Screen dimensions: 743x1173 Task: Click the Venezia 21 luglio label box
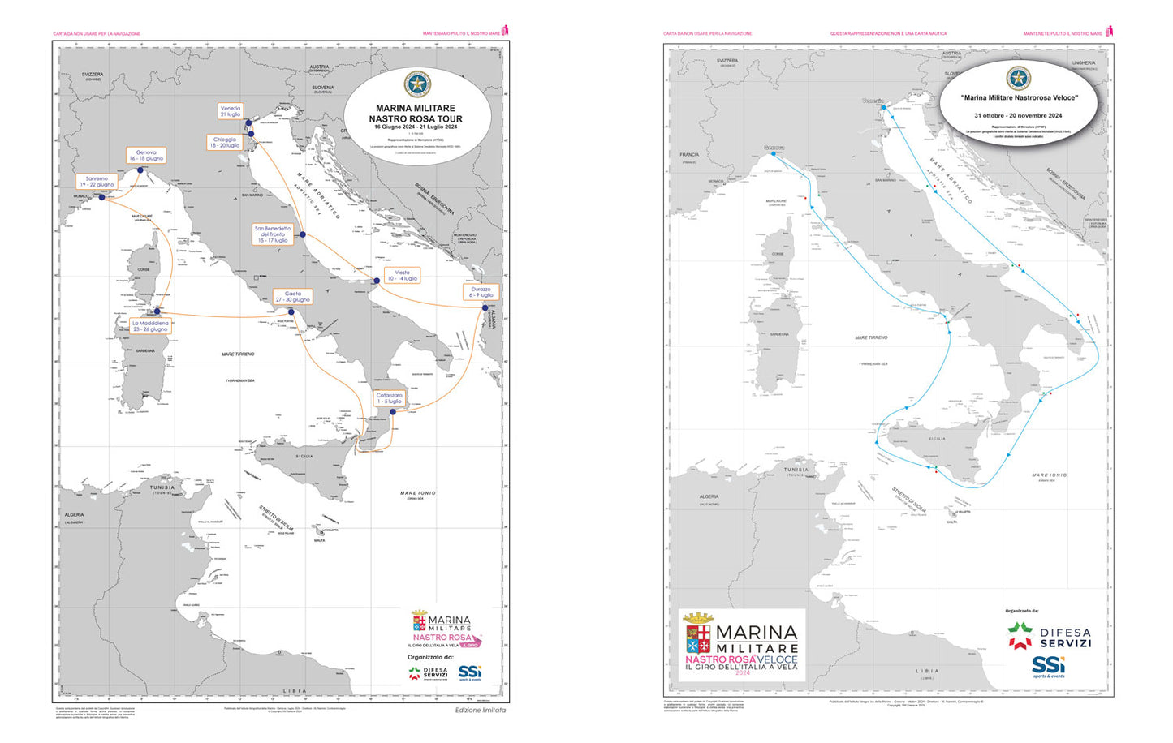(x=231, y=111)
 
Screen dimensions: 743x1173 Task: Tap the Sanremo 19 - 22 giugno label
(x=97, y=182)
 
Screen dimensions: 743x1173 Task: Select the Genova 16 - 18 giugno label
(x=146, y=156)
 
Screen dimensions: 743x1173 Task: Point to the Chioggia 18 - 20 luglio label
(x=225, y=143)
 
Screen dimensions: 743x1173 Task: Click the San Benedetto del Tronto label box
(x=273, y=234)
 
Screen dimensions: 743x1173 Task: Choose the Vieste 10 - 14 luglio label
(x=402, y=275)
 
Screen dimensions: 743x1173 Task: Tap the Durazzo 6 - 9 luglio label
(x=481, y=292)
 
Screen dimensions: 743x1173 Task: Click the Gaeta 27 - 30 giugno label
(x=292, y=297)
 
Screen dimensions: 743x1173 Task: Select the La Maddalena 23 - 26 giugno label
(x=149, y=326)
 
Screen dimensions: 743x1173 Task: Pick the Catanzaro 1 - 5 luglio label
(x=389, y=398)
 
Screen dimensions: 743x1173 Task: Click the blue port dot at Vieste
(x=377, y=281)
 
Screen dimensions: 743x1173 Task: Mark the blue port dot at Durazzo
(x=485, y=308)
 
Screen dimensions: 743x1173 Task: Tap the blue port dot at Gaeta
(x=291, y=311)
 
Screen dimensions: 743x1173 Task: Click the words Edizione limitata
(x=480, y=710)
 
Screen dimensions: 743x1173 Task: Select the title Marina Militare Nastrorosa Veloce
(x=1019, y=97)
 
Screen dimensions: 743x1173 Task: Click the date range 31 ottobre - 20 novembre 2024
(x=1018, y=115)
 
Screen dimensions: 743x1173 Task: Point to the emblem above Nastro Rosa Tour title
(x=417, y=84)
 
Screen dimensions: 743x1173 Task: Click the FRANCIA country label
(x=689, y=155)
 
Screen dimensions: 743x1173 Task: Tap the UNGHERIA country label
(x=1083, y=62)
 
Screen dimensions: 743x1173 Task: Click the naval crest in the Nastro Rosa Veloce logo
(x=698, y=637)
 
